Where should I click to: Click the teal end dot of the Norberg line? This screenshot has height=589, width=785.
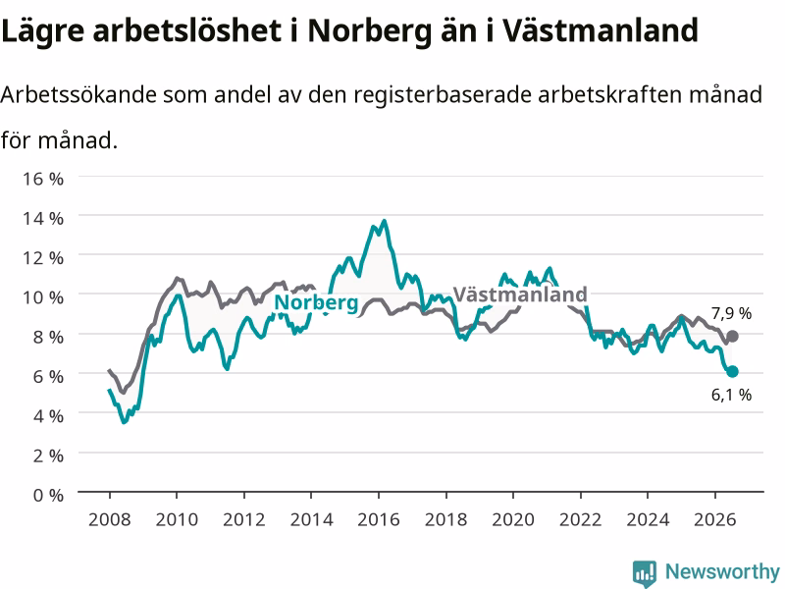732,371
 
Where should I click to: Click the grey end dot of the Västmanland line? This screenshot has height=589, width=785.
732,336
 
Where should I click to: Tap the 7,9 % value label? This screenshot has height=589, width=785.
731,313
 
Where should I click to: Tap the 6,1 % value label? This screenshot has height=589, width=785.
731,395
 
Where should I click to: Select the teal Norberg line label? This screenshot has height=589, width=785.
316,303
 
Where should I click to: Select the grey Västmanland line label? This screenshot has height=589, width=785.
520,294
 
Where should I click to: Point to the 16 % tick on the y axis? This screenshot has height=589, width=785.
43,179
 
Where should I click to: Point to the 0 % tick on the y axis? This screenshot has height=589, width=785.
48,496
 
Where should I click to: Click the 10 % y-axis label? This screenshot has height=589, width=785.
43,297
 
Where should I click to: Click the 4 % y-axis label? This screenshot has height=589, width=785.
48,416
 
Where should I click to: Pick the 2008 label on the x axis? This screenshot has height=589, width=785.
110,519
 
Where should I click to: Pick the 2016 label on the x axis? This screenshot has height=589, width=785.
379,519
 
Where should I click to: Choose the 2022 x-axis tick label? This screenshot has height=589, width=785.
580,519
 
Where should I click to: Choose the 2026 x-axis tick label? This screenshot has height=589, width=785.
715,519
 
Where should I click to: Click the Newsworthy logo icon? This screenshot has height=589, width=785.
645,573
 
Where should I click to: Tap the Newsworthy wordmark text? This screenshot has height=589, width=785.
722,571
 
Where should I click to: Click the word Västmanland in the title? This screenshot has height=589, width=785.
601,30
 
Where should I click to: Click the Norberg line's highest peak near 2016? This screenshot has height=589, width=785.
384,221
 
